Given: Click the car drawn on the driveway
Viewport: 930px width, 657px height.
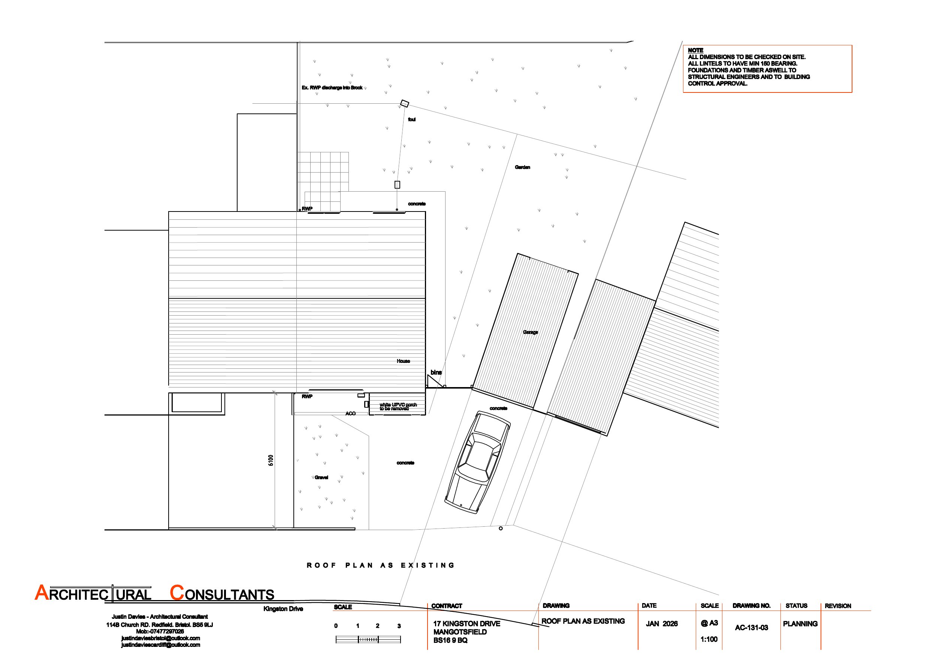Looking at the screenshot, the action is pyautogui.click(x=478, y=463).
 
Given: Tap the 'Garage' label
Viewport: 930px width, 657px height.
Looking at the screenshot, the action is pyautogui.click(x=530, y=332).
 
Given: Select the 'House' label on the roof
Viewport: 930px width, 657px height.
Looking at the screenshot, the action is pyautogui.click(x=403, y=361).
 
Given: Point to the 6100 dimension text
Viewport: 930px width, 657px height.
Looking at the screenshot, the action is pyautogui.click(x=271, y=460).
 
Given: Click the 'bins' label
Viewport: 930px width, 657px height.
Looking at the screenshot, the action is pyautogui.click(x=436, y=372).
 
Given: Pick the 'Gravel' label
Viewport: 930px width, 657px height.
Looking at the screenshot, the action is pyautogui.click(x=321, y=477).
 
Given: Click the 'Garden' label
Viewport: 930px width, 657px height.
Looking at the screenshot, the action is pyautogui.click(x=523, y=167).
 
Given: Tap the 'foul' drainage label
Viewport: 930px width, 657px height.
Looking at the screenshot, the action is pyautogui.click(x=411, y=119).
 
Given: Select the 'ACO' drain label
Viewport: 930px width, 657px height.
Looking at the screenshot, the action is pyautogui.click(x=350, y=413).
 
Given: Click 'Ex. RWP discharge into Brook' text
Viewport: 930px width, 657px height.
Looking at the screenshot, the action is pyautogui.click(x=332, y=88).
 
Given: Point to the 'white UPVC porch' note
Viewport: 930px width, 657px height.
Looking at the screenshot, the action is pyautogui.click(x=398, y=405).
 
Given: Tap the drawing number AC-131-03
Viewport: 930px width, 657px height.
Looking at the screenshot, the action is pyautogui.click(x=751, y=627).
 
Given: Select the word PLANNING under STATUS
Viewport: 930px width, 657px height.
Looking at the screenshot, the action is pyautogui.click(x=800, y=624).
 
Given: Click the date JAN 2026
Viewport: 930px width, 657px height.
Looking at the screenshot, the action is pyautogui.click(x=661, y=624).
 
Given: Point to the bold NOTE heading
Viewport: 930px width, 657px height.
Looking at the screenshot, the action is pyautogui.click(x=695, y=51).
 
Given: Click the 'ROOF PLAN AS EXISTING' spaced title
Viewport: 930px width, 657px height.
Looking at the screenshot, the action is pyautogui.click(x=381, y=565).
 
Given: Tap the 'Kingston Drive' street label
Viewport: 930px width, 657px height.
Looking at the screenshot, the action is pyautogui.click(x=283, y=609).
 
